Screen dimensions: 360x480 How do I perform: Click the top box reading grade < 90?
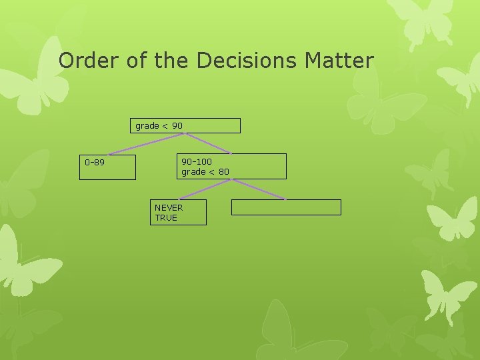(185, 126)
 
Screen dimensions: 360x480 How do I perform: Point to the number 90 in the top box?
(177, 125)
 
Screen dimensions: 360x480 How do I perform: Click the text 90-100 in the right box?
(197, 161)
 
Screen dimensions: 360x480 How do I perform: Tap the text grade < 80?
(205, 172)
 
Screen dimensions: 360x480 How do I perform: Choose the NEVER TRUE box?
(178, 213)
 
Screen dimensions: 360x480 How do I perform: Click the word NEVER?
(169, 207)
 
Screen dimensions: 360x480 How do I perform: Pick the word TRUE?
(166, 217)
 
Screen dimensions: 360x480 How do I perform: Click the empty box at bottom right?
(286, 207)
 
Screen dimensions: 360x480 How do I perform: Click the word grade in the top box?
(147, 125)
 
